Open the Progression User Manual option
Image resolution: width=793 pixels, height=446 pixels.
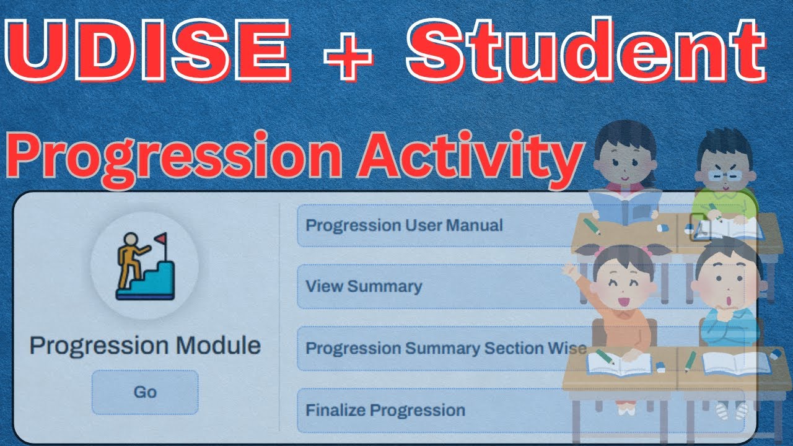404,225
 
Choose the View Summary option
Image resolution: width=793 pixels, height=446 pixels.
364,286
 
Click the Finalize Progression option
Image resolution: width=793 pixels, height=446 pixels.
385,410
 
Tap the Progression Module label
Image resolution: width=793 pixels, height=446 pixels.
145,346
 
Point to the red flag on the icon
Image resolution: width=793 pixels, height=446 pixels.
161,238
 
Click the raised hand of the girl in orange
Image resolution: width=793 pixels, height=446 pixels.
568,271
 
